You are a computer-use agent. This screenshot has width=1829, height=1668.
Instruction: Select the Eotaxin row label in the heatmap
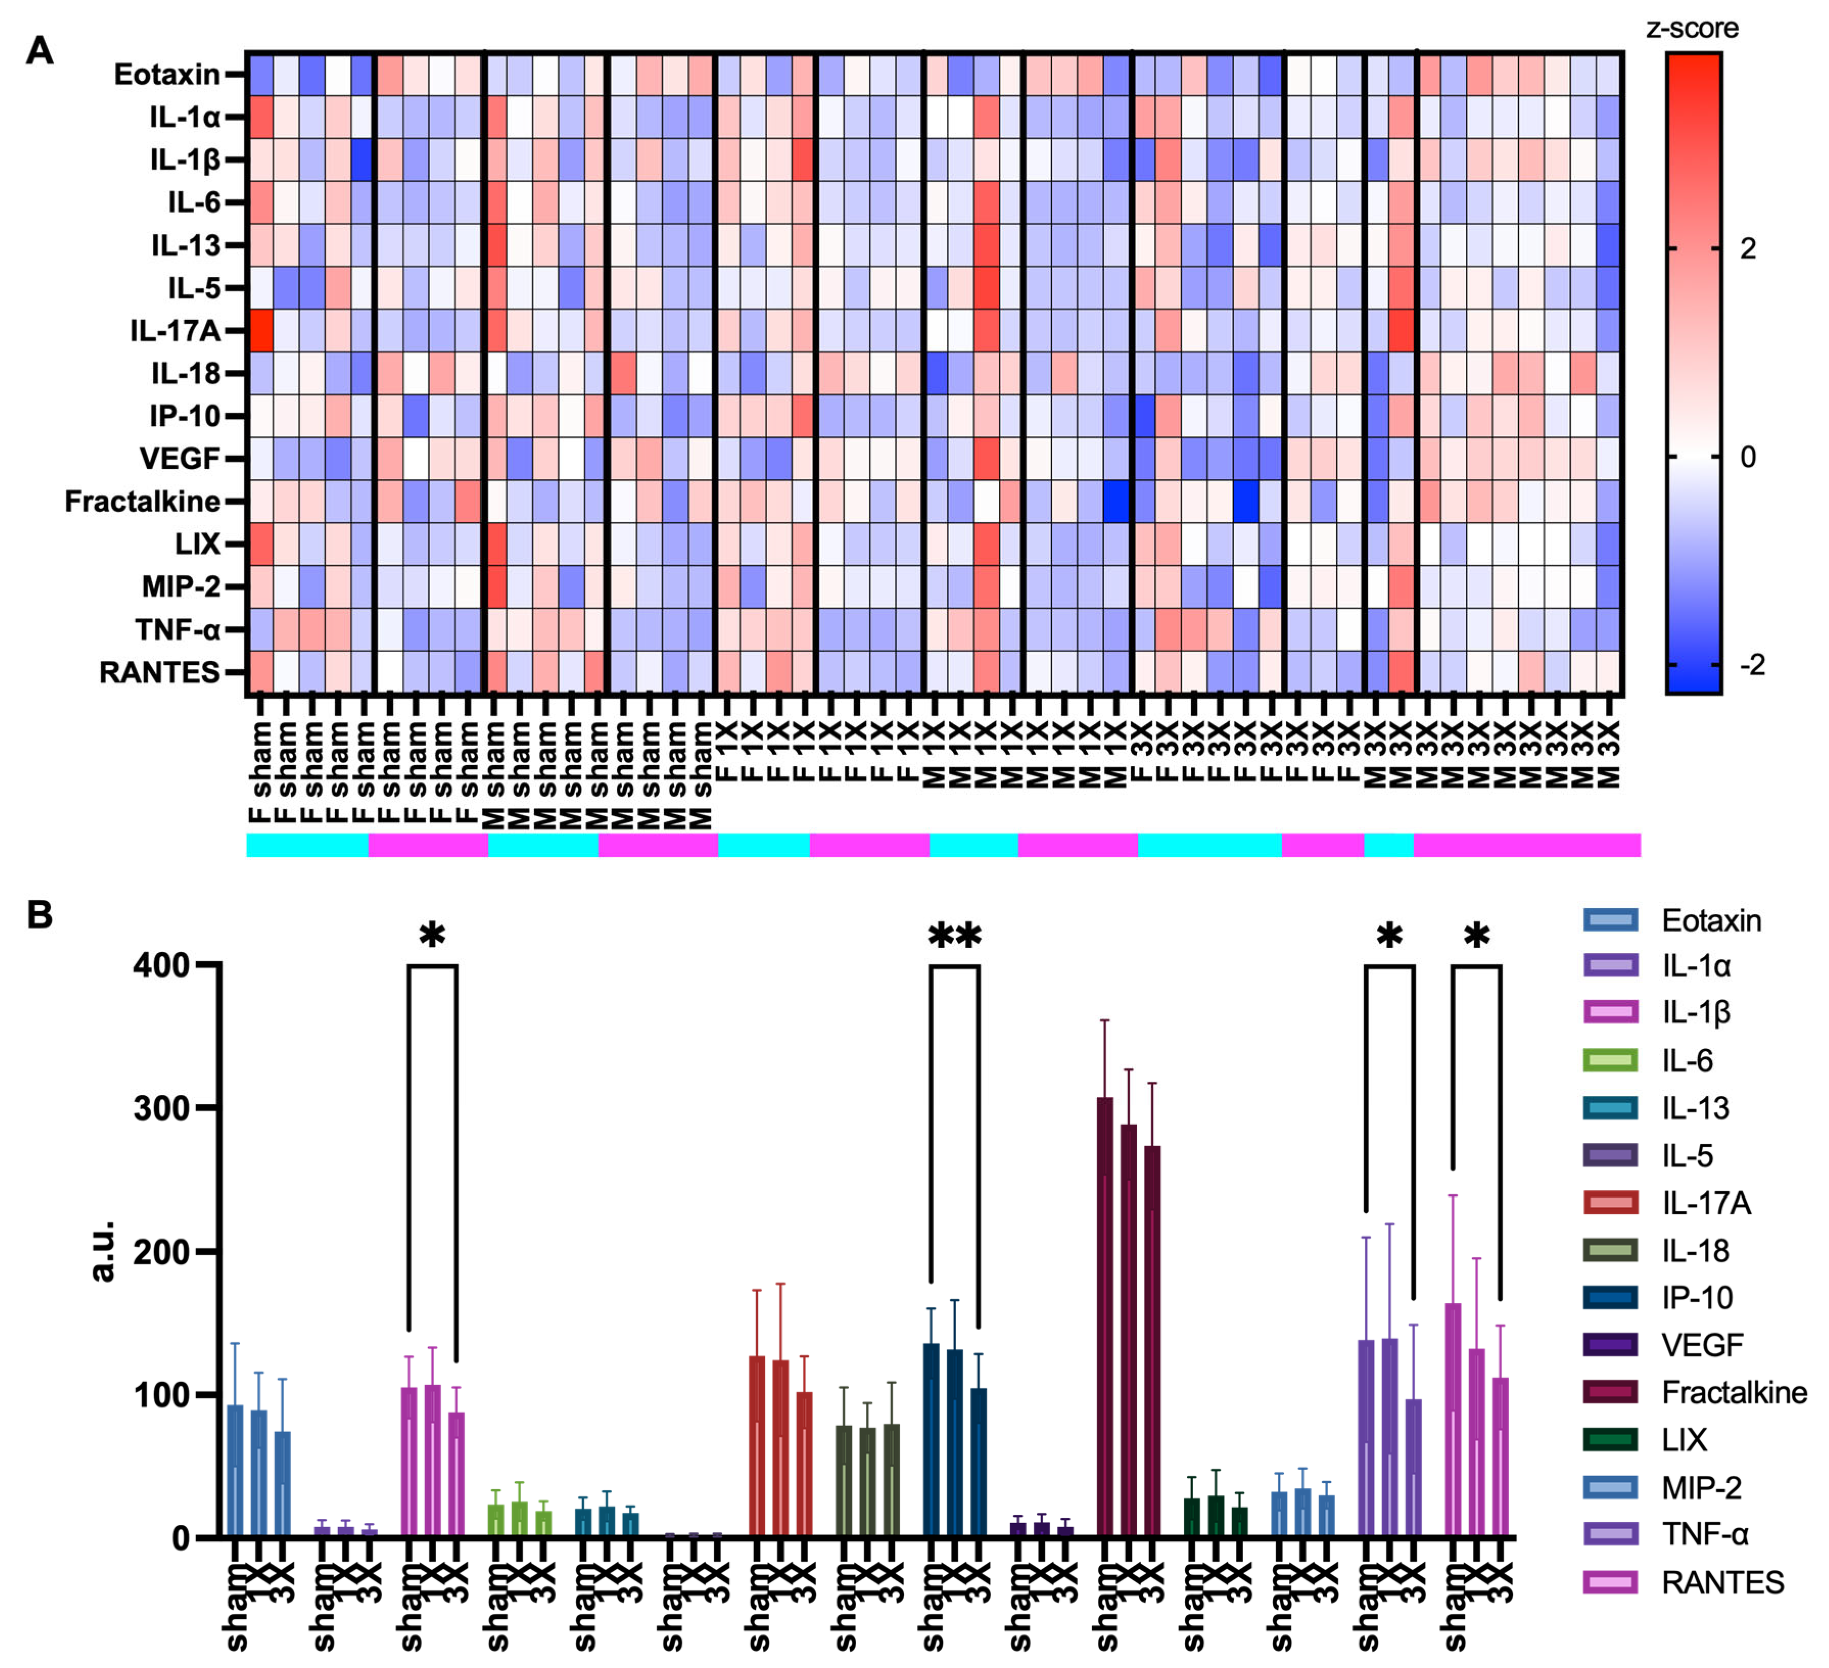[167, 75]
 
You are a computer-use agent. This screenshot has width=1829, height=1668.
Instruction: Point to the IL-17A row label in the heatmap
[175, 331]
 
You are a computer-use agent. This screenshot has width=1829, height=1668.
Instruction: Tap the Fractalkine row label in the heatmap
[142, 502]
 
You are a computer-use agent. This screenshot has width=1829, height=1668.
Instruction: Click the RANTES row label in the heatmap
[160, 672]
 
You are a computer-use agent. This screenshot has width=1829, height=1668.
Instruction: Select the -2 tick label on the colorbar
[1751, 665]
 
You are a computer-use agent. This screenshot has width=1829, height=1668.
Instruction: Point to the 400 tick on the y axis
[161, 965]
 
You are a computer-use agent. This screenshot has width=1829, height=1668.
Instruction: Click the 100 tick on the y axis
[161, 1394]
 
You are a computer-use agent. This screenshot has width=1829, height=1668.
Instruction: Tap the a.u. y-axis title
[103, 1252]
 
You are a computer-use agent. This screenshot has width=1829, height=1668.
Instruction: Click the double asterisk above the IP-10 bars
[955, 935]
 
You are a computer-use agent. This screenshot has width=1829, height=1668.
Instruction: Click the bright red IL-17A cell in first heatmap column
[260, 331]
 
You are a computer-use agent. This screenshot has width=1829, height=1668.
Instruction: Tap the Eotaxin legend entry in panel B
[1710, 921]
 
